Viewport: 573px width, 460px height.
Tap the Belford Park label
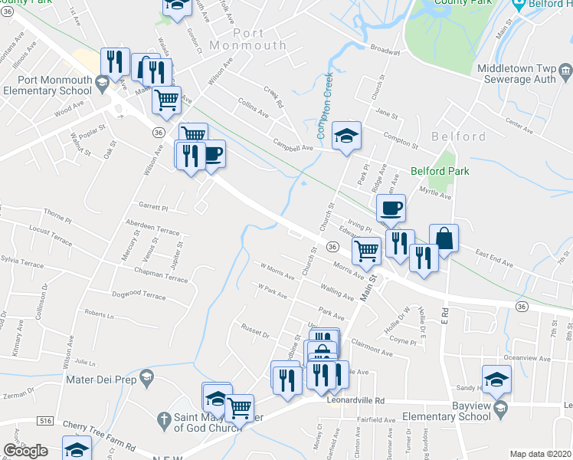pos(438,171)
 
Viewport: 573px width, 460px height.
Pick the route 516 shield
pos(46,421)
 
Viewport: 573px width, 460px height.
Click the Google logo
pos(25,451)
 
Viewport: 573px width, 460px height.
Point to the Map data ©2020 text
pos(541,454)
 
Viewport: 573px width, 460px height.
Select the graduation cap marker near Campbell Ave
pos(346,136)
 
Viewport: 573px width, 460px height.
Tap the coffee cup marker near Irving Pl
pos(391,208)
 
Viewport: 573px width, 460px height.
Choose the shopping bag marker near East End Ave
pos(444,238)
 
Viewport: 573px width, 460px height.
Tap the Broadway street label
pos(385,50)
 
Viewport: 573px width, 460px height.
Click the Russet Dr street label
pos(256,335)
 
